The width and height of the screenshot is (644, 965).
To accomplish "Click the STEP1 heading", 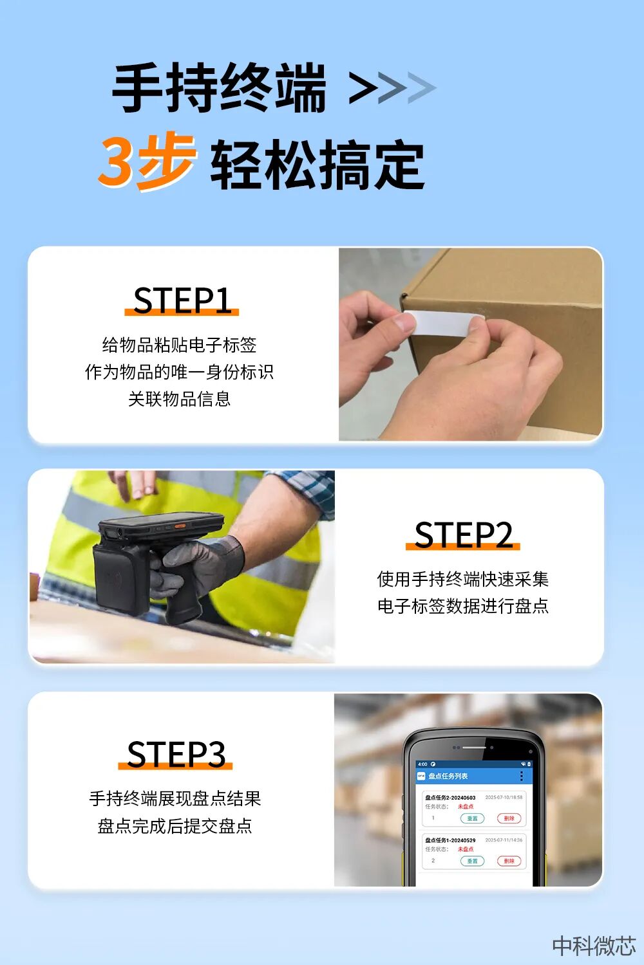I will coord(182,300).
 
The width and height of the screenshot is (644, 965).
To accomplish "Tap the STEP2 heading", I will coord(463,535).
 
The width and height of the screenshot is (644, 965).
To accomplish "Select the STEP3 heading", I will coord(176,754).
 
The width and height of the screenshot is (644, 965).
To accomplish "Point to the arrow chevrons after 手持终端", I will coord(392,89).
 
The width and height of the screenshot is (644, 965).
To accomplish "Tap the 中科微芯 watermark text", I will coord(594,945).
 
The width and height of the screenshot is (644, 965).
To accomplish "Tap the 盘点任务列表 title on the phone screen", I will coord(448,777).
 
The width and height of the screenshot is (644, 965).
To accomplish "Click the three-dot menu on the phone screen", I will coord(521,777).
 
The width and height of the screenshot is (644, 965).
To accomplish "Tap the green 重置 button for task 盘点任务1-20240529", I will coord(472,861).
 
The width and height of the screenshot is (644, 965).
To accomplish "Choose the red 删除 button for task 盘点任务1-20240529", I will coord(509,861).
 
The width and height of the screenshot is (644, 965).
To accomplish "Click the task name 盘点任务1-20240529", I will coord(450,840).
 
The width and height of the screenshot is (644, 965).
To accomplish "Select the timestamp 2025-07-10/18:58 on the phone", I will coord(504,797).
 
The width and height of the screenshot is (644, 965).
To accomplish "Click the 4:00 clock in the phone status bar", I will coord(422,764).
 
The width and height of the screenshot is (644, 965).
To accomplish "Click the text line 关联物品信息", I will coord(179,399).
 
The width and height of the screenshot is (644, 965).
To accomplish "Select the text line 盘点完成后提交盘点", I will coord(175,825).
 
